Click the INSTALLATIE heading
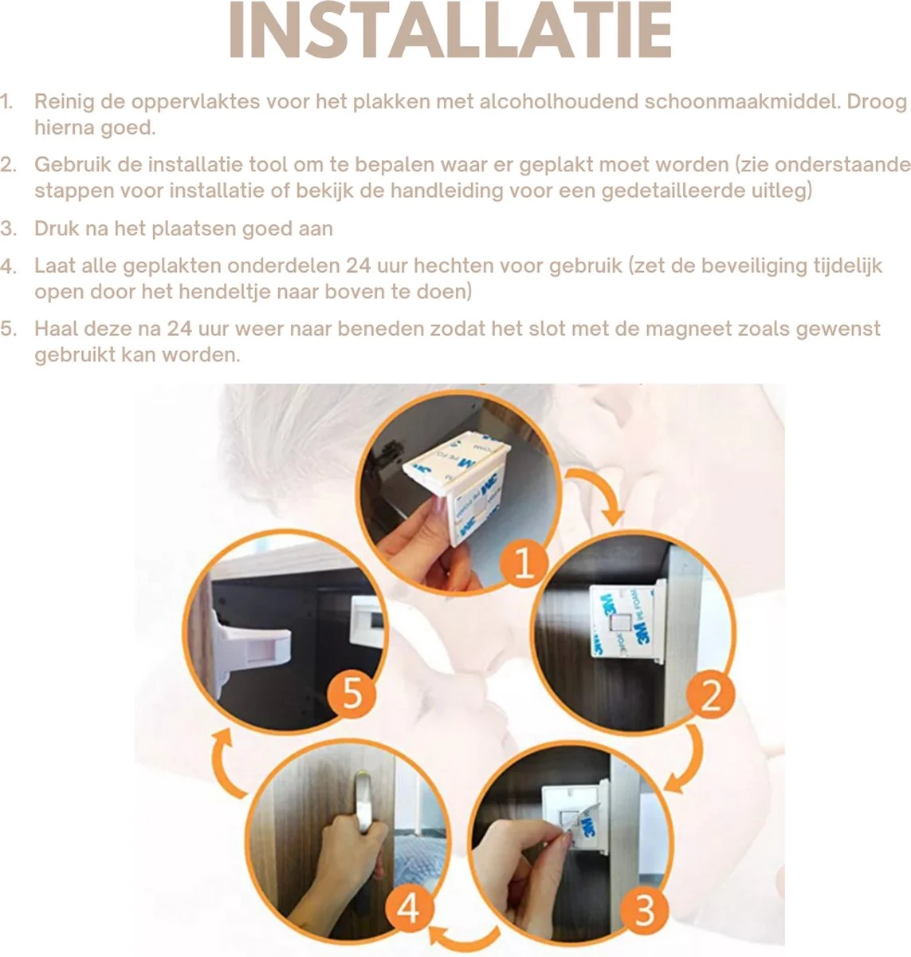[450, 30]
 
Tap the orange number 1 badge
[524, 564]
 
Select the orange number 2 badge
[710, 695]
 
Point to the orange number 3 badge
[644, 910]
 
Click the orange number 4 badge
[409, 909]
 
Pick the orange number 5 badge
[351, 693]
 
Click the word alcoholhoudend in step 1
[559, 102]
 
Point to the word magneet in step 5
[688, 329]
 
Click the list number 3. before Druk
[8, 229]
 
